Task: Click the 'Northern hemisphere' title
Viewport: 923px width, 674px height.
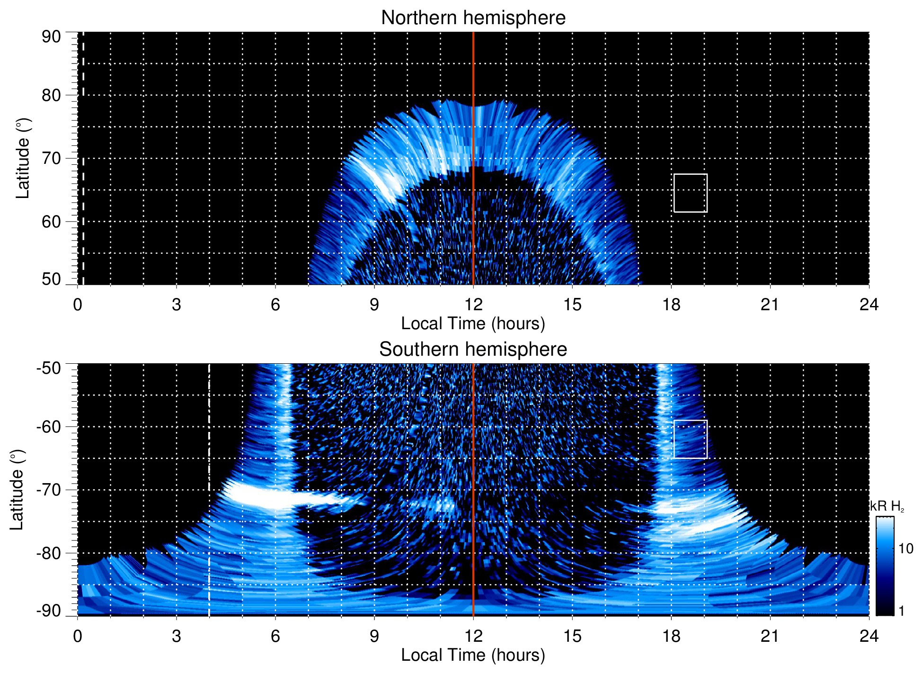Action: click(x=473, y=18)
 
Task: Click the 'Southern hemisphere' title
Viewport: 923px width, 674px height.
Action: click(x=473, y=350)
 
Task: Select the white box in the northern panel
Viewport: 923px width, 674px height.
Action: click(x=690, y=193)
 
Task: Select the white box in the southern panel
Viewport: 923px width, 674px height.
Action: click(x=690, y=439)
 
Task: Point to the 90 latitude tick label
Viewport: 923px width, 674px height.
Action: click(x=51, y=37)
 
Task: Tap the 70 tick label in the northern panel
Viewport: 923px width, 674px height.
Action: click(x=51, y=158)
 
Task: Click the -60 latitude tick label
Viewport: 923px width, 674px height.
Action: click(x=49, y=427)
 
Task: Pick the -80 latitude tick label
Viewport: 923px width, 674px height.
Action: click(x=49, y=553)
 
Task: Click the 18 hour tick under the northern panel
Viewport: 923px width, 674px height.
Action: click(x=671, y=305)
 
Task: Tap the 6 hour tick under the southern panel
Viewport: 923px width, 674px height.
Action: click(x=275, y=636)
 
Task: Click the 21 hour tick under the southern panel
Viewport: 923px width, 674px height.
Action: click(x=770, y=636)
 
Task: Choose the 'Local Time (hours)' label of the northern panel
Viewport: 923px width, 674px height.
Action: click(x=473, y=324)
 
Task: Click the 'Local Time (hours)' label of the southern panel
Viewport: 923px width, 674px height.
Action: click(x=473, y=655)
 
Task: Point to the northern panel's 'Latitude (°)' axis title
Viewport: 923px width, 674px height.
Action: click(x=23, y=158)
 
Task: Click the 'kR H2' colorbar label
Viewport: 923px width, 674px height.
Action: click(x=887, y=506)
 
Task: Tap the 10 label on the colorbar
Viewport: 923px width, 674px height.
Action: click(x=905, y=548)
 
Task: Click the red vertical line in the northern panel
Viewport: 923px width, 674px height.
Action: click(x=473, y=142)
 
